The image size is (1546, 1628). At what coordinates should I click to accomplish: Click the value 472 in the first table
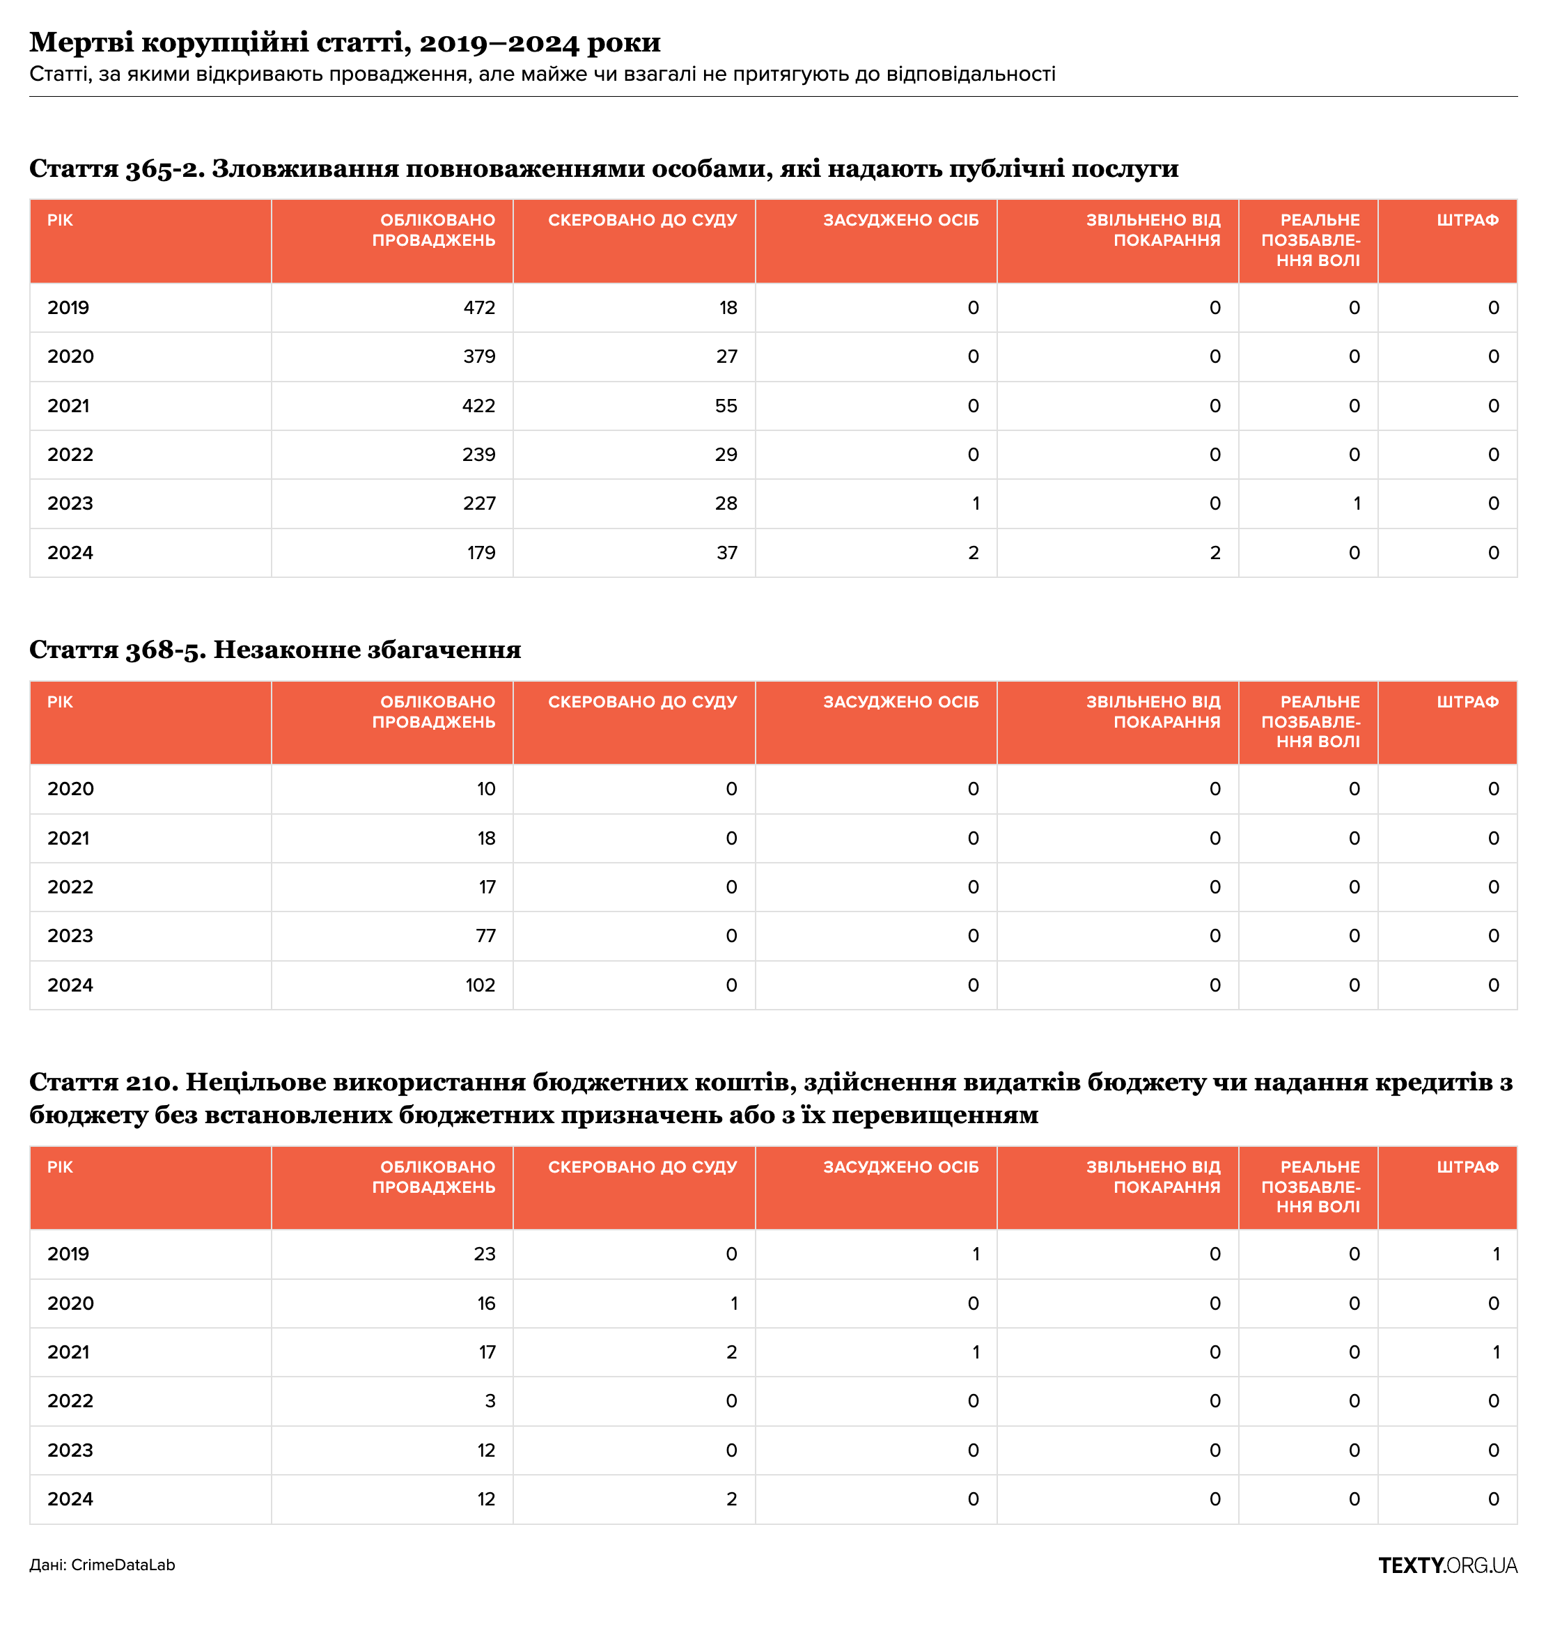pos(479,308)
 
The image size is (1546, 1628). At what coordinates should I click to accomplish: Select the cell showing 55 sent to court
pos(726,406)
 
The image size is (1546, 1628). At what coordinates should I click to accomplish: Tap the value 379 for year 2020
pos(479,357)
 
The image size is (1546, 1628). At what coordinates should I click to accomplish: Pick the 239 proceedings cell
pos(479,455)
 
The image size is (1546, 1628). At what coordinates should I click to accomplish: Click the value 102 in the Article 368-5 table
pos(480,985)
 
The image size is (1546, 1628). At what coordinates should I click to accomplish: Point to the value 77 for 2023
pos(485,936)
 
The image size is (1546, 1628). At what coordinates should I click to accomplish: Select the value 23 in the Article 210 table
pos(485,1254)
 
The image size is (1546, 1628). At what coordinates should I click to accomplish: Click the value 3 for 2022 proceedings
pos(490,1400)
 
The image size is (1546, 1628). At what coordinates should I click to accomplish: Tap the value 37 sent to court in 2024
pos(727,553)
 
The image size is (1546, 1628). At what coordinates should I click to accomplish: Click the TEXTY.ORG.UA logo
pos(1447,1565)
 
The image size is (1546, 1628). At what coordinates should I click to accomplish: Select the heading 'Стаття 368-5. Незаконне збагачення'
pos(275,650)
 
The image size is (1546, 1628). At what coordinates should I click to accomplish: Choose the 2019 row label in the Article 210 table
pos(68,1254)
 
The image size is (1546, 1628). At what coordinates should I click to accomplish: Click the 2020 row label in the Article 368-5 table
pos(71,790)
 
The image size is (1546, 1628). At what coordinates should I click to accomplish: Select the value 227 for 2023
pos(479,503)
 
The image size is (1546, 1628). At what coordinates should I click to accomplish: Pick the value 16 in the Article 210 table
pos(486,1304)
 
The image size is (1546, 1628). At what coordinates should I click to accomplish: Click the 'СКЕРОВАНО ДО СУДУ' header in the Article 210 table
pos(642,1168)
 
